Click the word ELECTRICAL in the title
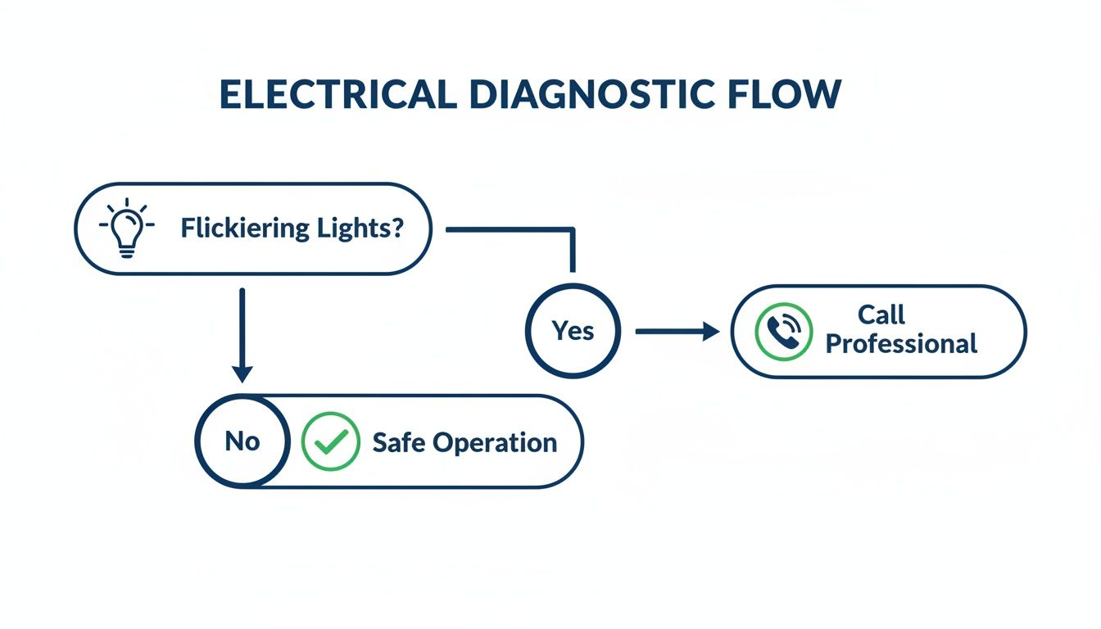point(338,96)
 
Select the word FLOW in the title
point(782,96)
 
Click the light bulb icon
point(126,229)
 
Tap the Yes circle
point(573,331)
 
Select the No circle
point(242,441)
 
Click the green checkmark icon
point(330,441)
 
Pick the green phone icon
point(783,332)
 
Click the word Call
point(881,314)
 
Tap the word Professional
point(901,344)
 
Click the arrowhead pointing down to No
point(242,373)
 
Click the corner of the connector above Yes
point(573,230)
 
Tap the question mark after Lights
point(396,229)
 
